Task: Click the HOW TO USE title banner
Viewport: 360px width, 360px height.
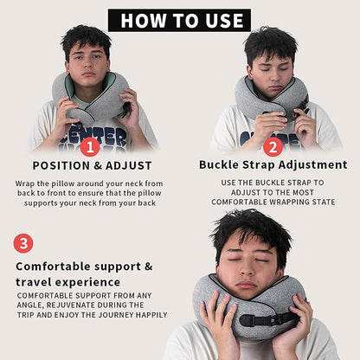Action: tap(179, 20)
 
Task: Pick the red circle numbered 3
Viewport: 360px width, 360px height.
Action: tap(23, 243)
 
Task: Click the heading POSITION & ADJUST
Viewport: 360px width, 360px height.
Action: tap(92, 165)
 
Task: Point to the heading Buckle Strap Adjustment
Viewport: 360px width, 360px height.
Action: tap(273, 164)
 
